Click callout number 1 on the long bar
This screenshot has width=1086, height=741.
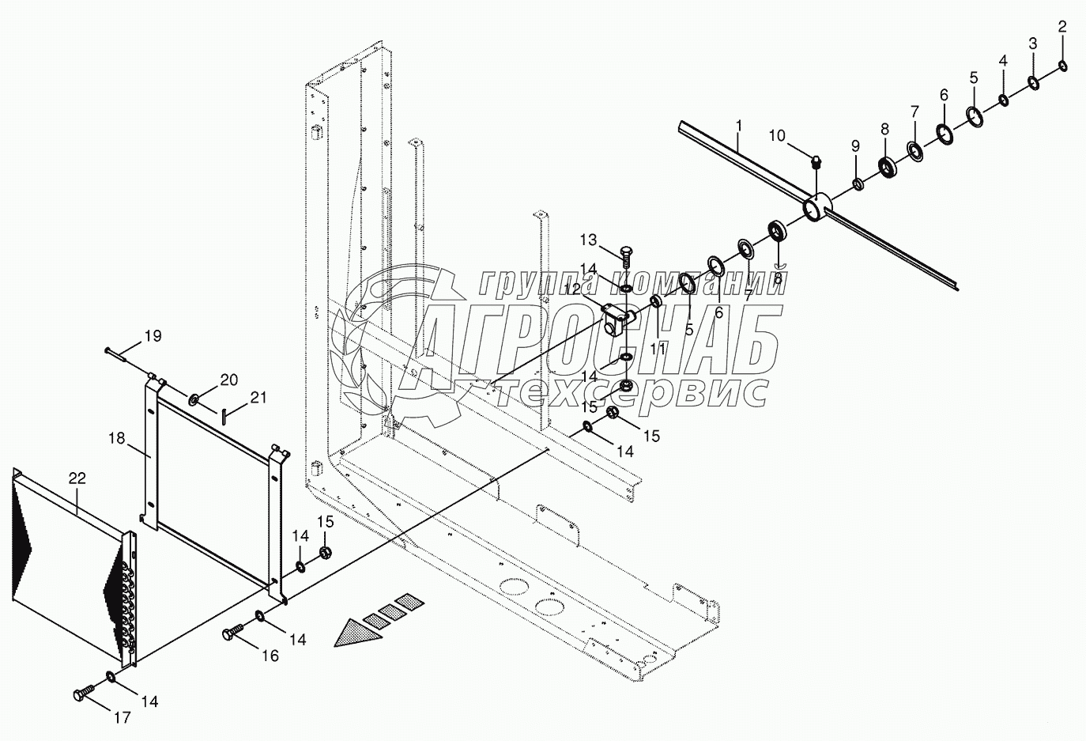pos(738,125)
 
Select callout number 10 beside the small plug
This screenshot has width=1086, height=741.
pos(777,136)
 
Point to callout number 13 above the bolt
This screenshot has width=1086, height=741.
pos(589,239)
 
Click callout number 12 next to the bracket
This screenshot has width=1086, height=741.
pos(572,289)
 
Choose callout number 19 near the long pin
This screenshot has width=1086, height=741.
pos(153,336)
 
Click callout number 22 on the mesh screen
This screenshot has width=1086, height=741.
pos(77,478)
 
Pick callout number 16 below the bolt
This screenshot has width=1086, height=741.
pos(270,656)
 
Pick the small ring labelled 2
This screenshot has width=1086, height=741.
pos(1063,65)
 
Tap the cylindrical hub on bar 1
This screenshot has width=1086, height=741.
pos(816,207)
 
